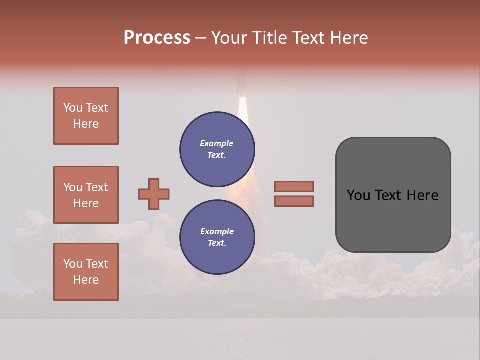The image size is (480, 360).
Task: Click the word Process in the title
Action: pyautogui.click(x=157, y=38)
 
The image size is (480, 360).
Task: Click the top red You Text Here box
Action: pyautogui.click(x=86, y=116)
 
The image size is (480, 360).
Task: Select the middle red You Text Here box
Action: pyautogui.click(x=86, y=195)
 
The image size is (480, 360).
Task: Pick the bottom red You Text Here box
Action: pyautogui.click(x=86, y=272)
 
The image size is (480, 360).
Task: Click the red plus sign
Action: pyautogui.click(x=154, y=194)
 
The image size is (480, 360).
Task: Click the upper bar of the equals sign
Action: pyautogui.click(x=294, y=186)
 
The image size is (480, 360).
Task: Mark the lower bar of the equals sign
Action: pyautogui.click(x=294, y=201)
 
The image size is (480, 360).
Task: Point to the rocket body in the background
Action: pyautogui.click(x=241, y=82)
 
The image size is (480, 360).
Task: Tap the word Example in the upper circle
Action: pyautogui.click(x=216, y=143)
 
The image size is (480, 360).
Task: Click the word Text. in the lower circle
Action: pyautogui.click(x=217, y=243)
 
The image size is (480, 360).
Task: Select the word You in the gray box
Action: pyautogui.click(x=358, y=195)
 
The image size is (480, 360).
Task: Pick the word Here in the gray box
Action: pyautogui.click(x=422, y=195)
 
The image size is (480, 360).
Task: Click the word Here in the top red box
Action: pyautogui.click(x=86, y=124)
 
